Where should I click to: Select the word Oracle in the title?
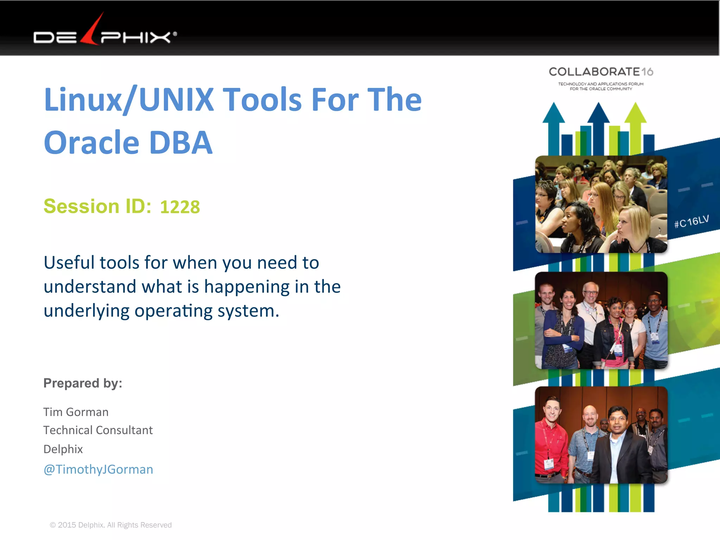click(x=92, y=142)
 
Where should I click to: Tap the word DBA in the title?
click(x=181, y=142)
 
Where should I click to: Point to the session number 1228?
click(x=180, y=207)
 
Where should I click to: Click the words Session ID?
click(x=97, y=206)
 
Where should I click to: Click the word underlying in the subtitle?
click(x=86, y=311)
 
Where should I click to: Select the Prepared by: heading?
click(x=83, y=383)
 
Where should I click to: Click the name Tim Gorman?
click(x=76, y=412)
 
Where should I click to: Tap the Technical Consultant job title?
click(x=98, y=430)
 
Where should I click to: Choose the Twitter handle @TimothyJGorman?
click(x=98, y=469)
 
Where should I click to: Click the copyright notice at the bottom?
click(x=111, y=525)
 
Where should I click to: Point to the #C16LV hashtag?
click(x=691, y=221)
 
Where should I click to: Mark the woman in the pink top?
click(x=615, y=334)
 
